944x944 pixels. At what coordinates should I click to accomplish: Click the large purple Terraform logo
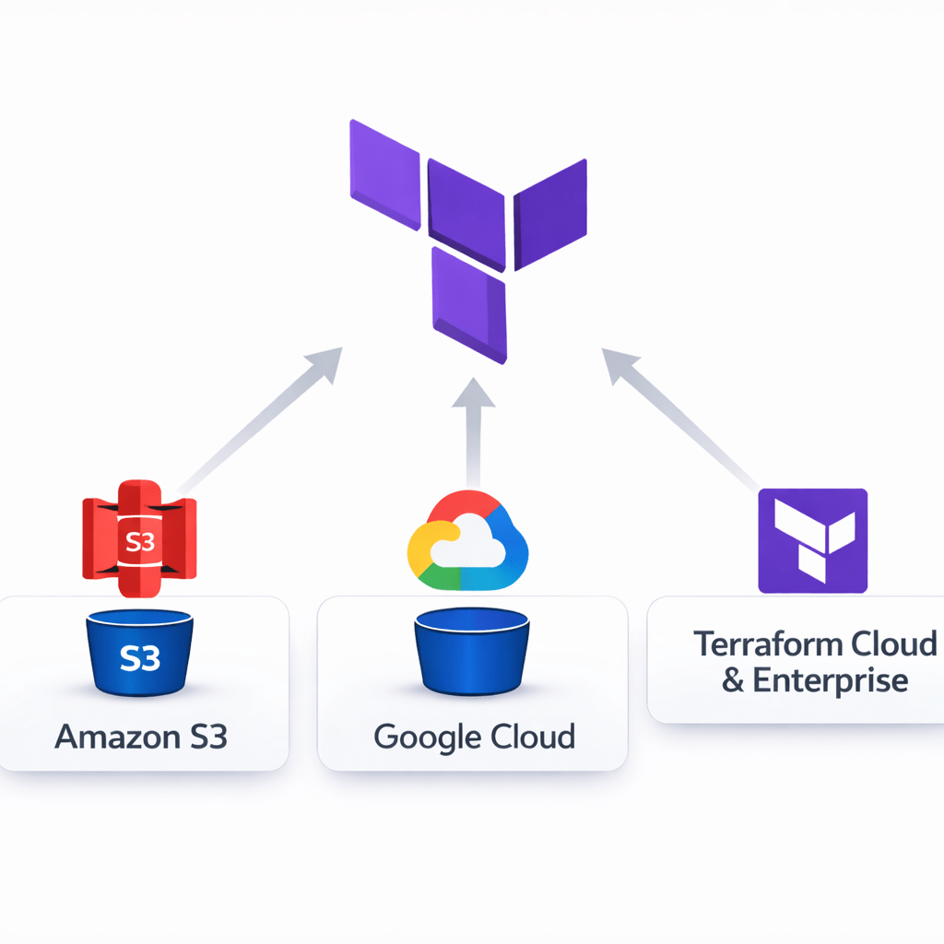tap(468, 235)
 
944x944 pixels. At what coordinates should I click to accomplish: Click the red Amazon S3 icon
tap(139, 541)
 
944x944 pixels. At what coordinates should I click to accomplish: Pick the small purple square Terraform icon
tap(812, 540)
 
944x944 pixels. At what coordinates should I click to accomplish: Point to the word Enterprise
tap(830, 681)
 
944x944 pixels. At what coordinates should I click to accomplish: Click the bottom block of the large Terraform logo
tap(469, 304)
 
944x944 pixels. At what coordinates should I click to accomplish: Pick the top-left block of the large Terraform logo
tap(385, 175)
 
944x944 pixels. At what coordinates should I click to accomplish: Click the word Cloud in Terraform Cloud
tap(892, 643)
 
